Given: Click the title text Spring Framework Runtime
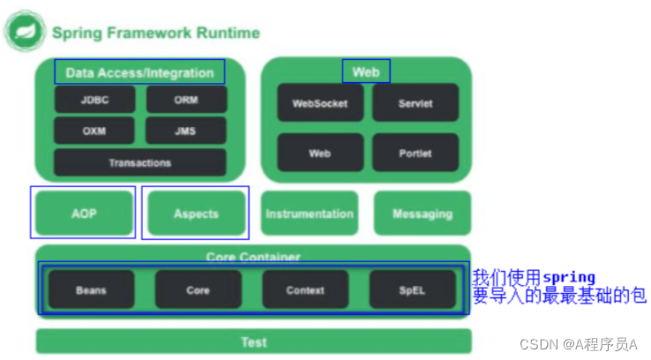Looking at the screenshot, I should tap(155, 34).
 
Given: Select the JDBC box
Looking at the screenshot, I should tap(94, 100).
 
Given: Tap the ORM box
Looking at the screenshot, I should tap(186, 100).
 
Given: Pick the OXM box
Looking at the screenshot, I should tap(94, 131).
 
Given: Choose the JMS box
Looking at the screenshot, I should tap(186, 131).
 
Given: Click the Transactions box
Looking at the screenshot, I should tap(139, 162).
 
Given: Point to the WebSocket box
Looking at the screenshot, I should tap(319, 103).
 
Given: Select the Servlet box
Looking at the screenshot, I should tap(415, 103).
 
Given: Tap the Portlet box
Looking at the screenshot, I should tap(415, 153).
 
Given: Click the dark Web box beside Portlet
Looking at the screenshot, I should tap(319, 153).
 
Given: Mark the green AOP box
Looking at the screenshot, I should tap(83, 214).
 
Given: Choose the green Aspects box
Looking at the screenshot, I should tap(196, 214).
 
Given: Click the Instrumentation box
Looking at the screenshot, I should tap(309, 214).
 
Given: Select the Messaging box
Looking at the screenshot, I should tap(422, 214).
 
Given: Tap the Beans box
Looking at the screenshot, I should tap(91, 289).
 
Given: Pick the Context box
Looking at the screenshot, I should tap(305, 289).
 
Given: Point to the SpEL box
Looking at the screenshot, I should tap(412, 289).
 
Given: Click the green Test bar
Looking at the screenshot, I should tap(253, 341).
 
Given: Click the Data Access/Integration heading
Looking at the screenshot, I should tap(139, 72).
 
